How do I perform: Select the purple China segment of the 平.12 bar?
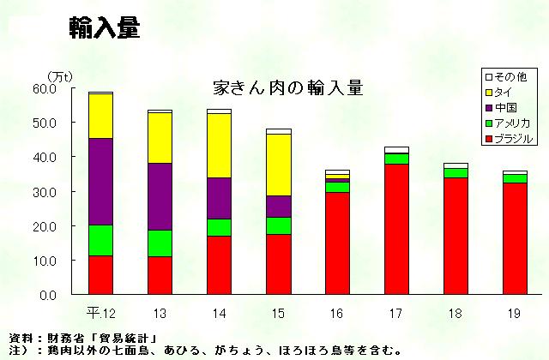click(100, 181)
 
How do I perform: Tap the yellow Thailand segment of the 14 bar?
click(220, 145)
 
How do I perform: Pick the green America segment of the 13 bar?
click(160, 243)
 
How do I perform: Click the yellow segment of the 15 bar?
click(279, 165)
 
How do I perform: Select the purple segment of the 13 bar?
click(160, 196)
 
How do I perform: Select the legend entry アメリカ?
click(512, 123)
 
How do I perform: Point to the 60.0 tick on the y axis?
click(45, 88)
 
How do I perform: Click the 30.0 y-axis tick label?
click(45, 191)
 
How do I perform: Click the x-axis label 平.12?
click(102, 310)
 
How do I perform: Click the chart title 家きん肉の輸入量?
click(287, 88)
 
